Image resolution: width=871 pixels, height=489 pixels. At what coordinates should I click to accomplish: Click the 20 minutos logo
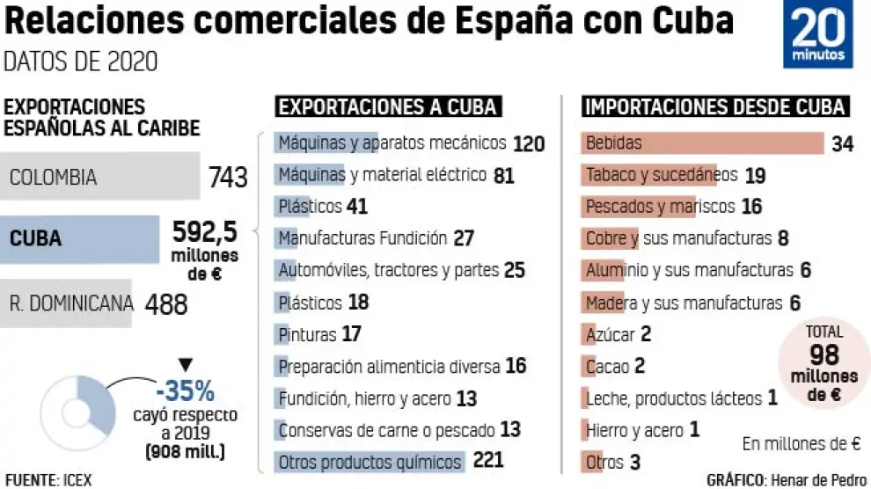click(818, 34)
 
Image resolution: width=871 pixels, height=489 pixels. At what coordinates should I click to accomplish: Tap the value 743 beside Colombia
click(228, 179)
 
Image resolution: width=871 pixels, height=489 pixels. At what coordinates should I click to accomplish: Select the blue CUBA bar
click(79, 238)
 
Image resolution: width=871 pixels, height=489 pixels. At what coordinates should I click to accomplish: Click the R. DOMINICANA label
click(71, 304)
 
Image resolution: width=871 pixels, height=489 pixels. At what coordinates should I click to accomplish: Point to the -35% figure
click(185, 389)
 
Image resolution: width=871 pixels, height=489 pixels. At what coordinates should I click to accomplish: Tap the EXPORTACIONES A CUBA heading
click(388, 107)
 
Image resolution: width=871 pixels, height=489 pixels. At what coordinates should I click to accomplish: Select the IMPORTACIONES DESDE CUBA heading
click(714, 107)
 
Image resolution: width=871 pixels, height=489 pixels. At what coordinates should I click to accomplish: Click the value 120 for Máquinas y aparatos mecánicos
click(529, 143)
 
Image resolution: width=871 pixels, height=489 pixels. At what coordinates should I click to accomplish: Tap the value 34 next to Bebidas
click(842, 143)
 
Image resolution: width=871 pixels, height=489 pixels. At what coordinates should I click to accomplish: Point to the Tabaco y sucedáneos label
click(662, 175)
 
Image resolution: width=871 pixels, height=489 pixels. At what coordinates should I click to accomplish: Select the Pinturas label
click(307, 334)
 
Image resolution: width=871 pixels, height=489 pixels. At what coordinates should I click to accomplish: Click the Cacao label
click(607, 366)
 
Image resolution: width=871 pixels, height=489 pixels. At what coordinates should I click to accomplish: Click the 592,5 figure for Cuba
click(204, 232)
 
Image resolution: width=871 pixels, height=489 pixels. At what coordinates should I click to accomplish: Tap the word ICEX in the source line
click(77, 480)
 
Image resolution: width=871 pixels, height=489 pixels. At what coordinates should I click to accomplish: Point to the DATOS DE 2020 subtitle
click(81, 62)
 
